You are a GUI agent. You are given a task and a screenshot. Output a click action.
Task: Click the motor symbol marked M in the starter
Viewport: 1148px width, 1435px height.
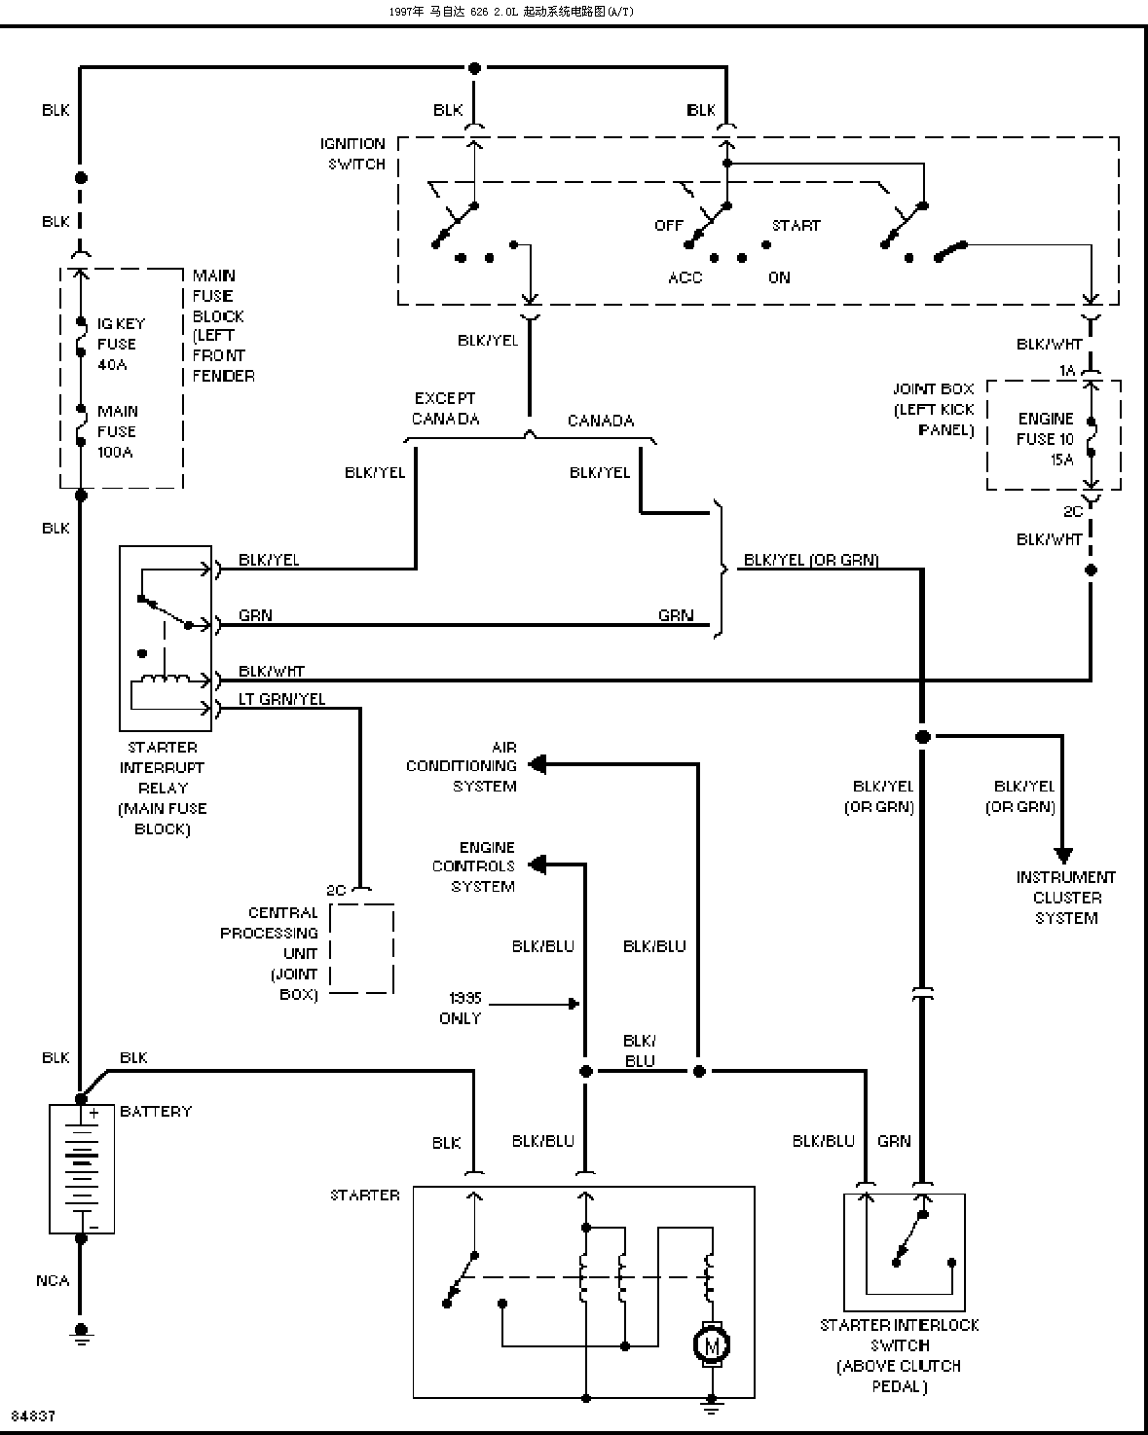tap(711, 1344)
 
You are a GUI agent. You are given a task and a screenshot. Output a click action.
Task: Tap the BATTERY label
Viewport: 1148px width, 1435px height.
tap(156, 1111)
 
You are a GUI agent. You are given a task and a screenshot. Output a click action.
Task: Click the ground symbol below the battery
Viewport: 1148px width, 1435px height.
tap(81, 1335)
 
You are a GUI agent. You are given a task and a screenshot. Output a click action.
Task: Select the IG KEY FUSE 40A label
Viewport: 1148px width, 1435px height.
tap(120, 344)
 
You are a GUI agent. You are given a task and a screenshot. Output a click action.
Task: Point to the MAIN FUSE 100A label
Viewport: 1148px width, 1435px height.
tap(117, 430)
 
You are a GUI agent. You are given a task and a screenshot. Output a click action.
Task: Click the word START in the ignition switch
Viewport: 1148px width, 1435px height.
tap(796, 226)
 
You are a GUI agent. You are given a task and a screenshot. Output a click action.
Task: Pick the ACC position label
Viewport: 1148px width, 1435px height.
tap(685, 277)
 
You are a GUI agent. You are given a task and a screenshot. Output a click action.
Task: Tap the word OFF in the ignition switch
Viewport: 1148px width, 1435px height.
tap(668, 226)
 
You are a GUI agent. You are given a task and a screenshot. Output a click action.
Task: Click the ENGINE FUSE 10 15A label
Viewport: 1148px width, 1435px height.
tap(1045, 439)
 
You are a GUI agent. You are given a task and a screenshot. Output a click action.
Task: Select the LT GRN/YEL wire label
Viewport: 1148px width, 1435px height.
tap(281, 699)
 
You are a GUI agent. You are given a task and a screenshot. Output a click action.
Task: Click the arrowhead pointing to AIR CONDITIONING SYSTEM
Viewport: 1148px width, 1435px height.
tap(537, 764)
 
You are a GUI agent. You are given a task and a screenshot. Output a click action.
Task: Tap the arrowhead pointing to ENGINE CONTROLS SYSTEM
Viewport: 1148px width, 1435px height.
tap(537, 865)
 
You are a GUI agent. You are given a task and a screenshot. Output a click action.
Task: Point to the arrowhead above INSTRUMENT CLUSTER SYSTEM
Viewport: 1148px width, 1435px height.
tap(1063, 855)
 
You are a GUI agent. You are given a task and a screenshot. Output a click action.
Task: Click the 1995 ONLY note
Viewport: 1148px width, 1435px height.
tap(461, 1008)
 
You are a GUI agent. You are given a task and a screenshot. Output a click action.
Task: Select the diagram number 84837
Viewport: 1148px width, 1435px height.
tap(33, 1415)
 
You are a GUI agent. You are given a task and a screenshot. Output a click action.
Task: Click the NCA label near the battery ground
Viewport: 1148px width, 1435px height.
tap(53, 1280)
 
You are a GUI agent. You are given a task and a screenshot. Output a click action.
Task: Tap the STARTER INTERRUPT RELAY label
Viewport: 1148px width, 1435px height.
tap(162, 788)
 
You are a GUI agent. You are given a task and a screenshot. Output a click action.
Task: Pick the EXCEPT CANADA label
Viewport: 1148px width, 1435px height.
tap(445, 408)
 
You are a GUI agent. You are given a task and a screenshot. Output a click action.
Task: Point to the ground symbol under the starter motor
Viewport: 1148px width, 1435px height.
tap(712, 1406)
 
